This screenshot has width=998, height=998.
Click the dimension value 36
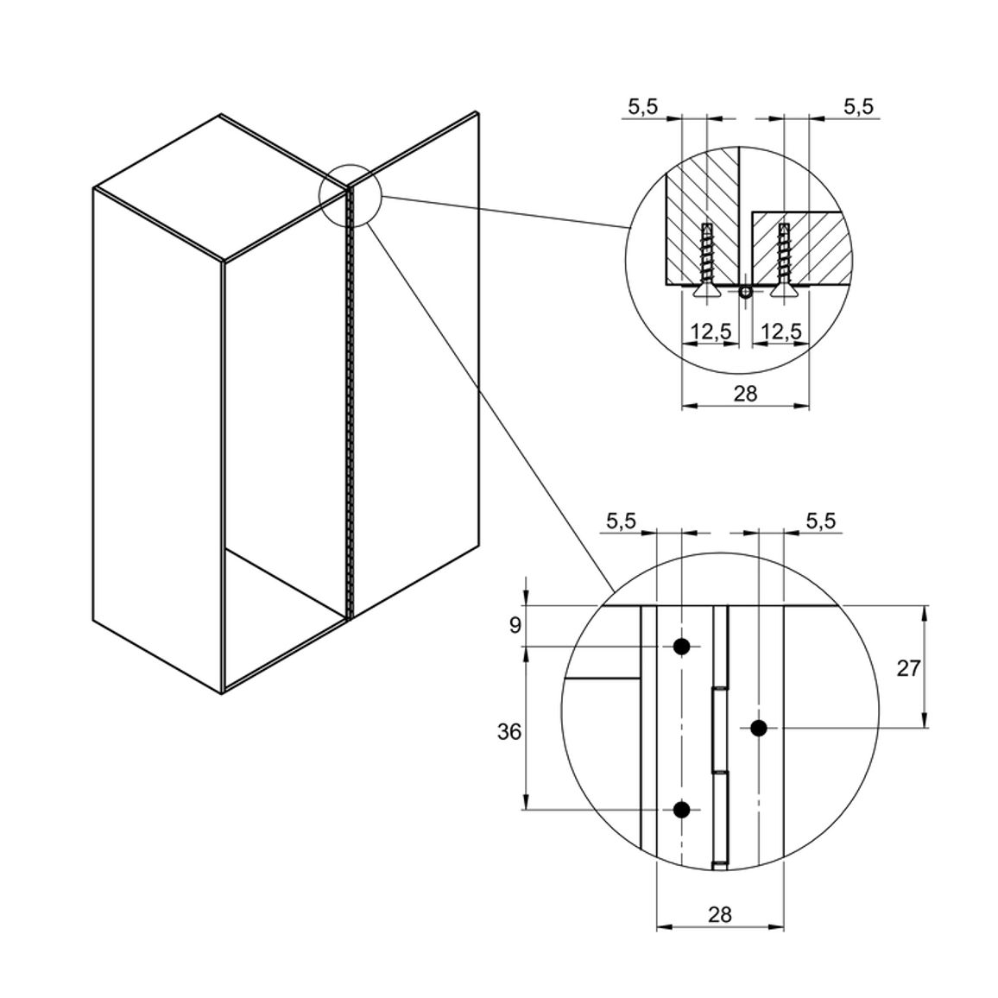click(509, 732)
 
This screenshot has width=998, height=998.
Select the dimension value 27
click(908, 668)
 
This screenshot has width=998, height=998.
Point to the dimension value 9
click(515, 626)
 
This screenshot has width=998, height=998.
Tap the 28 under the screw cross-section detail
click(745, 394)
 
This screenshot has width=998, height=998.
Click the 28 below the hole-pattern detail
click(720, 914)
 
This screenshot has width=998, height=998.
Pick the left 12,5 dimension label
click(711, 332)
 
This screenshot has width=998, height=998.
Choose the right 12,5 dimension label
click(781, 332)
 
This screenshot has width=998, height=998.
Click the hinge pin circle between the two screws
click(746, 292)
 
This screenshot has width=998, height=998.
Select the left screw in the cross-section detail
click(706, 260)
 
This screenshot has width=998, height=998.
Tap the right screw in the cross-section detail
click(784, 260)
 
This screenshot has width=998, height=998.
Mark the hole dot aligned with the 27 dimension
click(759, 728)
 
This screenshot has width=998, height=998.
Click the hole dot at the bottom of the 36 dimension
click(682, 810)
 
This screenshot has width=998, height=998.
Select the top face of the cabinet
click(221, 187)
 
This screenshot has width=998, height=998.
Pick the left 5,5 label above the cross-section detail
click(643, 107)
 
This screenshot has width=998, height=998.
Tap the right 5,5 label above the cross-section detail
click(859, 107)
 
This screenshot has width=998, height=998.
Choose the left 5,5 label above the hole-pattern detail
click(622, 521)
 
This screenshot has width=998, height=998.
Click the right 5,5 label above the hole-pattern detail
click(820, 521)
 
